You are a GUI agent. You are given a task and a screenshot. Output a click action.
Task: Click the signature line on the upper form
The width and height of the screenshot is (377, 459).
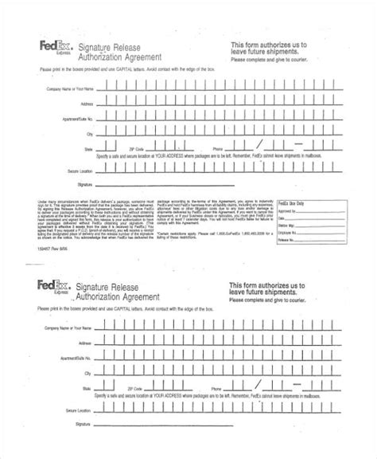215,184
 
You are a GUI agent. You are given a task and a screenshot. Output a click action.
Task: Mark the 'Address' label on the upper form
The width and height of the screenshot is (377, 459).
86,103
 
